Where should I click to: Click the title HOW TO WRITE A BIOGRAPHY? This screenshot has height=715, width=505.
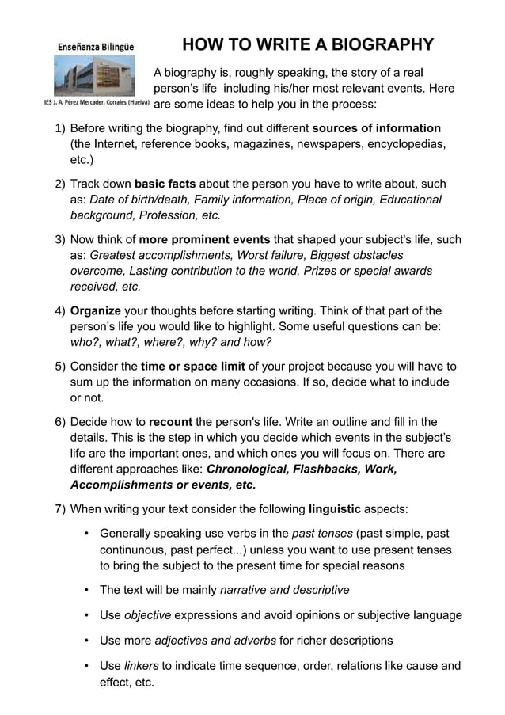(x=308, y=44)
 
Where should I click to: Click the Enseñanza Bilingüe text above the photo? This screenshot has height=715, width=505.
(x=94, y=47)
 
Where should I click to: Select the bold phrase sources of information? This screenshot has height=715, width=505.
(x=377, y=128)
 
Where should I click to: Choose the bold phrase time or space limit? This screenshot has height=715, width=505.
(x=193, y=366)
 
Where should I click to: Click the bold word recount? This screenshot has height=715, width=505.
(x=170, y=421)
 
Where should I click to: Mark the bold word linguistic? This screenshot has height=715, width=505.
(x=334, y=508)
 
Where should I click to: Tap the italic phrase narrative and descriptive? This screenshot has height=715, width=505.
(x=284, y=590)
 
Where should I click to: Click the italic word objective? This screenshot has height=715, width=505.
(x=147, y=615)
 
